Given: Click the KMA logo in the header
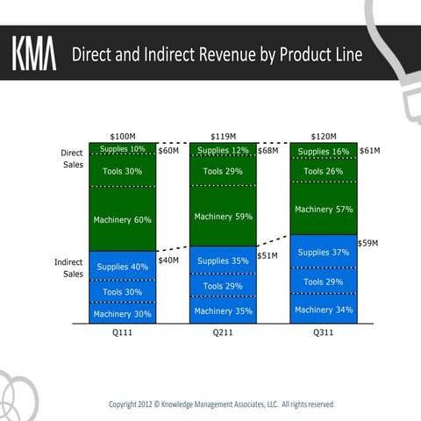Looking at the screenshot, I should [x=33, y=54].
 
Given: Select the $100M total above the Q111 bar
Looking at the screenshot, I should [x=123, y=137].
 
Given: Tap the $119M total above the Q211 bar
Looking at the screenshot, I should [x=224, y=137].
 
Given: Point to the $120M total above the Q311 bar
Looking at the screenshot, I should [x=324, y=137].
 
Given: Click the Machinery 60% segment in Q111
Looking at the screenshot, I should [x=123, y=219].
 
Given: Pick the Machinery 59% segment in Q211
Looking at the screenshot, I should [x=224, y=217].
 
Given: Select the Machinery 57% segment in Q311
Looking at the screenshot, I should [x=324, y=210].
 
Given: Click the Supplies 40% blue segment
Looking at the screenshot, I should [x=123, y=266].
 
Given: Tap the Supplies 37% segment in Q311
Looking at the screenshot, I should [x=324, y=253].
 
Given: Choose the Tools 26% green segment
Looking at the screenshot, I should [x=324, y=171].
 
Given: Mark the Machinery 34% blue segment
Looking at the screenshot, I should [x=324, y=310].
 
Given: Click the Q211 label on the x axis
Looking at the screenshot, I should [x=224, y=333].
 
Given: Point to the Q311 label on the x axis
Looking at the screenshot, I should [x=324, y=333].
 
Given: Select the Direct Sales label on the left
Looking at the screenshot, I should [x=72, y=159].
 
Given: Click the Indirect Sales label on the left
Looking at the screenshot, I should [x=69, y=268].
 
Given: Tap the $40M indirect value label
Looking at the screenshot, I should [x=168, y=260].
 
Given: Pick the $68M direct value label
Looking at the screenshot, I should [x=268, y=151].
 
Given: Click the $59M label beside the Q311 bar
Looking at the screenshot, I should [x=368, y=243].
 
